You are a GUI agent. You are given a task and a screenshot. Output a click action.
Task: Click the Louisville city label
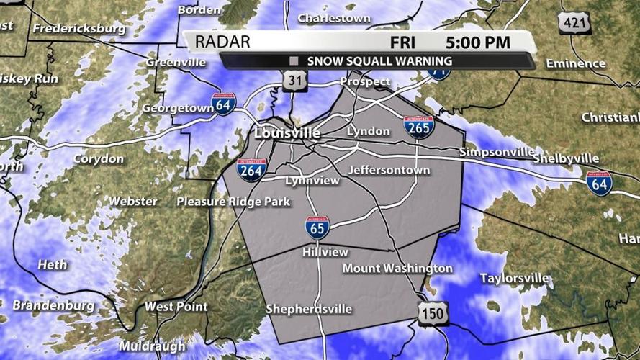(x=287, y=134)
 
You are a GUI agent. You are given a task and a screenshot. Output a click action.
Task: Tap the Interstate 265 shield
(x=418, y=127)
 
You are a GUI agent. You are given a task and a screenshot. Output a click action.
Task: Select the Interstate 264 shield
(x=252, y=170)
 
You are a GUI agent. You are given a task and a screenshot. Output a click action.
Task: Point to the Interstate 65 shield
(x=317, y=228)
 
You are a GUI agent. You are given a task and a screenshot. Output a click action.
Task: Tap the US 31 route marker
(x=293, y=81)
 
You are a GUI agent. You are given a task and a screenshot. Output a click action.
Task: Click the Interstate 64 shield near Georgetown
(x=224, y=104)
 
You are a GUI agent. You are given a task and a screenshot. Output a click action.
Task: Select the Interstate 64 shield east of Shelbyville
(x=599, y=184)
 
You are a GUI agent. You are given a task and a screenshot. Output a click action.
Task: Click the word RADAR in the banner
(x=222, y=42)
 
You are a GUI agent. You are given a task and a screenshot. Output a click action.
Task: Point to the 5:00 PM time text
(x=477, y=42)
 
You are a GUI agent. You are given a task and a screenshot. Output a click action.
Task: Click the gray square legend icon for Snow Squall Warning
(x=294, y=61)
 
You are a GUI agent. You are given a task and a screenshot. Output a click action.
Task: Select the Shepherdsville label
(x=309, y=309)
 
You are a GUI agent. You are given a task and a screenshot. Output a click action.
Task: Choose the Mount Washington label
(x=397, y=269)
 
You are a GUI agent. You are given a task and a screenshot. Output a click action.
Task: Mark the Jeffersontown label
(x=389, y=171)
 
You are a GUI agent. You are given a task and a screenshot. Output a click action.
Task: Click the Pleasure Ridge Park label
(x=233, y=202)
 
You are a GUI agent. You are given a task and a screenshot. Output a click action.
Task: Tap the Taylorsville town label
(x=514, y=278)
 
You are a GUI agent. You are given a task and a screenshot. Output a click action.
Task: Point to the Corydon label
(x=99, y=158)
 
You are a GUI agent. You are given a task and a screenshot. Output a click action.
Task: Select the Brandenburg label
(x=53, y=305)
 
